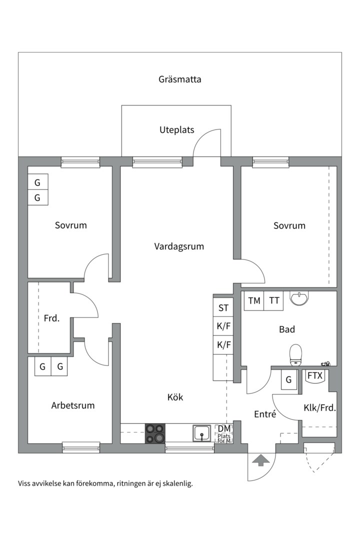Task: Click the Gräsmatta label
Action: coord(180,79)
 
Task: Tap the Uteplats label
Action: coord(176,130)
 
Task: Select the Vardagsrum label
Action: coord(179,246)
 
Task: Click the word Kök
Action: coord(175,397)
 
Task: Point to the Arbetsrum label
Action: coord(73,405)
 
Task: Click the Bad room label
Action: coord(287,329)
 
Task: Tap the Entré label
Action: coord(265,414)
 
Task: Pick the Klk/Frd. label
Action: coord(320,408)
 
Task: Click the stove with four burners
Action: coord(155,433)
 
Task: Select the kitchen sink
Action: coord(202,433)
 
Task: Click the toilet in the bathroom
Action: coord(296,354)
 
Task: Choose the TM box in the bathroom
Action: coord(254,301)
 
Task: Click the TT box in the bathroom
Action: coord(273,301)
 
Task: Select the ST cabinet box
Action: coord(223,308)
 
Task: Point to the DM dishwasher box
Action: coord(224,429)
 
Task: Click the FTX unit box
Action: coord(314,375)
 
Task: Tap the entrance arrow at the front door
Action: coord(260,460)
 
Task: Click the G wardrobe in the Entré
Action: coord(288,380)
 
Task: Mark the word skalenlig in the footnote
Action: coord(177,483)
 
